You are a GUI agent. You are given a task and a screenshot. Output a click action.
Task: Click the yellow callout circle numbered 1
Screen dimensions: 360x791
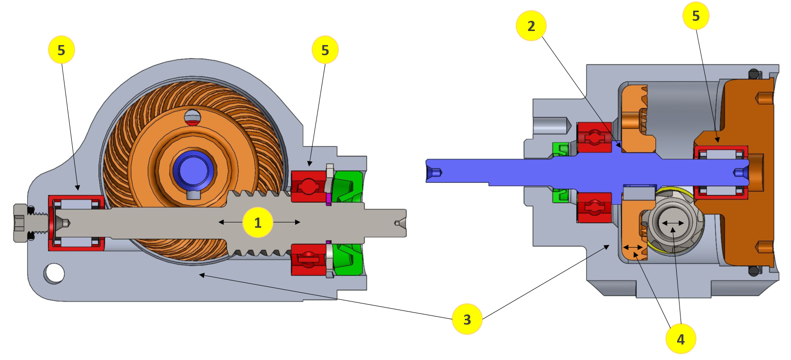pos(258,222)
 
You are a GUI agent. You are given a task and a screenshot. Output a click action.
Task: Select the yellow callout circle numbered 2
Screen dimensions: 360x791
pos(531,26)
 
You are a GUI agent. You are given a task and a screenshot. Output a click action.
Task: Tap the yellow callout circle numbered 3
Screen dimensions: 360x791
pos(467,319)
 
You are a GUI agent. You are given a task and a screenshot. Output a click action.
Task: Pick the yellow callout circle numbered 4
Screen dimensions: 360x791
pos(680,339)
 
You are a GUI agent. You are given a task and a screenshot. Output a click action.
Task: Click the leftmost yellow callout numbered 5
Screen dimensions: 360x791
pos(62,50)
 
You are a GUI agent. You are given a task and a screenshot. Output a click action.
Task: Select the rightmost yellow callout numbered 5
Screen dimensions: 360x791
pos(696,16)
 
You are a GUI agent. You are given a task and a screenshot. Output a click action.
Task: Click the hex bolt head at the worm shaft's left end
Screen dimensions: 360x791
pos(20,222)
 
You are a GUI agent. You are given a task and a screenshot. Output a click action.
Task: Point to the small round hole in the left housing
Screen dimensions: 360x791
pos(54,273)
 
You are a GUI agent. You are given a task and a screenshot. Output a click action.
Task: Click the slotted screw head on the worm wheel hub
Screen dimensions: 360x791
pos(193,117)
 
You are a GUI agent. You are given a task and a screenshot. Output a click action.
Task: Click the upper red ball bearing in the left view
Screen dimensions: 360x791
pos(308,186)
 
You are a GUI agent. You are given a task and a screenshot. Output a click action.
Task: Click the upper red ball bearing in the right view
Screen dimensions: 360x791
pos(594,138)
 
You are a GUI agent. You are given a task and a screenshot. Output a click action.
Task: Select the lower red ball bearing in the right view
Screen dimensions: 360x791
pos(594,207)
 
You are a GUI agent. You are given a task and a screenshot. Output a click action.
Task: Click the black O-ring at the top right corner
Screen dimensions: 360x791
pos(754,74)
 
